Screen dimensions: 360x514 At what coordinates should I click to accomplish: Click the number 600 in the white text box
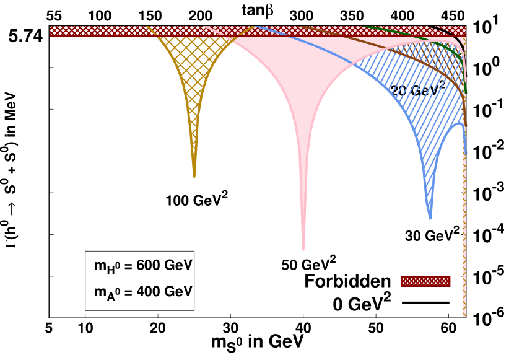point(147,265)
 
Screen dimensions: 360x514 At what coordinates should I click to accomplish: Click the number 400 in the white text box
point(147,291)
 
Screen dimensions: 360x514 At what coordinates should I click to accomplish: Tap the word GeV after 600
point(178,265)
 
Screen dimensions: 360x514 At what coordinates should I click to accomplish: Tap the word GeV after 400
point(178,291)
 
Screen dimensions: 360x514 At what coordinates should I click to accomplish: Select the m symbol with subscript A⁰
point(100,292)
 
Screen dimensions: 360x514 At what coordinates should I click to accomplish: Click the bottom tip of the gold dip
point(194,176)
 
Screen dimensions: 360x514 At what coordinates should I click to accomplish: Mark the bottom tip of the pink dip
point(303,248)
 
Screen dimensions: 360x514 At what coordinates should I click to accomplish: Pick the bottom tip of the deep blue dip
point(430,217)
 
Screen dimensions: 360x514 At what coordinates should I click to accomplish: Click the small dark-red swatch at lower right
point(425,281)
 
